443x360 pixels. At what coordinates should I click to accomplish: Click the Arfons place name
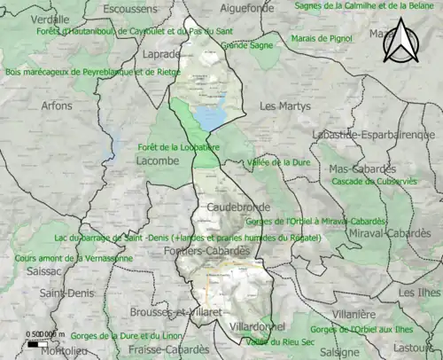(57, 106)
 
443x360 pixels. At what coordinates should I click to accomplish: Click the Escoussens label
(130, 10)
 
